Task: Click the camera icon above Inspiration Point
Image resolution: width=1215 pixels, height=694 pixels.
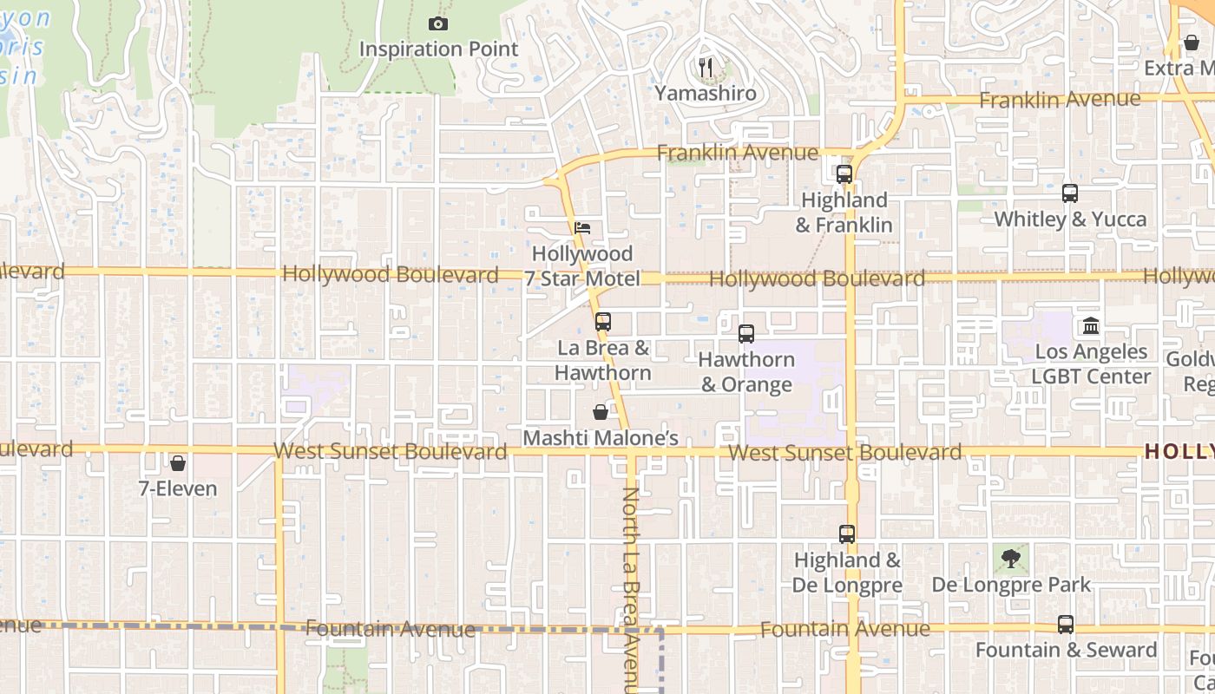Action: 438,23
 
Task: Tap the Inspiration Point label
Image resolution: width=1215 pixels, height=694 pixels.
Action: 438,49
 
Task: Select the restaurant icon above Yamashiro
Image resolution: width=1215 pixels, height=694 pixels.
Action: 706,67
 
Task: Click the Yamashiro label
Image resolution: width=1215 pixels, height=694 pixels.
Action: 706,93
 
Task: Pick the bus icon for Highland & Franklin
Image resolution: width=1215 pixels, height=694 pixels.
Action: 844,173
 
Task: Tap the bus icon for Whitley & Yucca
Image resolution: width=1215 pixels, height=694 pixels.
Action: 1070,193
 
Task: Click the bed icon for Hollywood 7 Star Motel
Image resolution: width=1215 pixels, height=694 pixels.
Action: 583,228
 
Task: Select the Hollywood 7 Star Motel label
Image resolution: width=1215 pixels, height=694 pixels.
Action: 582,266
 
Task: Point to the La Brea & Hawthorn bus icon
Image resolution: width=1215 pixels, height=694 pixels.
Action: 603,322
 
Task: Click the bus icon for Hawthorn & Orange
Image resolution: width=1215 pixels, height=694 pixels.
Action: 746,333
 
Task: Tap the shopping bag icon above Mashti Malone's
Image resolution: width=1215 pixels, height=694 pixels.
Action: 600,412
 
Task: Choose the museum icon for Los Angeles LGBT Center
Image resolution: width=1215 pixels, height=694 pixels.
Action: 1091,326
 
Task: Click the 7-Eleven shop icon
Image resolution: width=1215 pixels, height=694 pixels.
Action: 178,463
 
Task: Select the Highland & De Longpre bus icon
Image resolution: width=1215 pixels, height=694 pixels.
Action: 847,534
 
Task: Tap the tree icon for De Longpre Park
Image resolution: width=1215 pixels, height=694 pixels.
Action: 1011,559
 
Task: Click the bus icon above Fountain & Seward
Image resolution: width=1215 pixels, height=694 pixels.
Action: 1066,624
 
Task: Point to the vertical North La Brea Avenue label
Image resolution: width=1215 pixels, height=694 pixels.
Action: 631,590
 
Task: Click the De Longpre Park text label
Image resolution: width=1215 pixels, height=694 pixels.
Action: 1011,585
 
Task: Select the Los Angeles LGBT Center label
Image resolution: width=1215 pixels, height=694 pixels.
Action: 1091,364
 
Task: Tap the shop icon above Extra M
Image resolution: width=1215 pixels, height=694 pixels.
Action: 1192,42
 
